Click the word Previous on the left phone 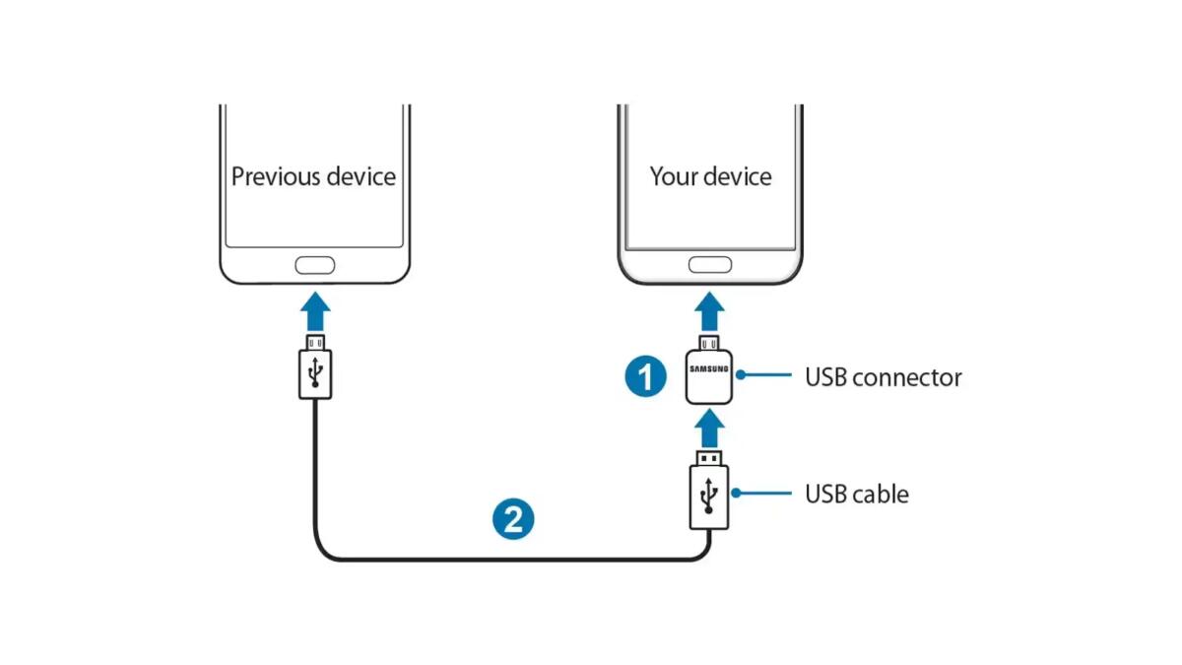coord(273,176)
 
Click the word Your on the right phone coord(673,176)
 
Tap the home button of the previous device coord(314,265)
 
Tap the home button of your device coord(709,265)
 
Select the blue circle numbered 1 coord(645,376)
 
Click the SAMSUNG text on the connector coord(709,370)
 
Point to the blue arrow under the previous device coord(314,310)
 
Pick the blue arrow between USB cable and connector coord(709,429)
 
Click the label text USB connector coord(883,377)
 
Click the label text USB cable coord(856,493)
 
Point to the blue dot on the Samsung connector coord(738,375)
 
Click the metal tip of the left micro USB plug coord(314,341)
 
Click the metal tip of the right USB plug coord(709,458)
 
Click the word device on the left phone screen coord(358,176)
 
